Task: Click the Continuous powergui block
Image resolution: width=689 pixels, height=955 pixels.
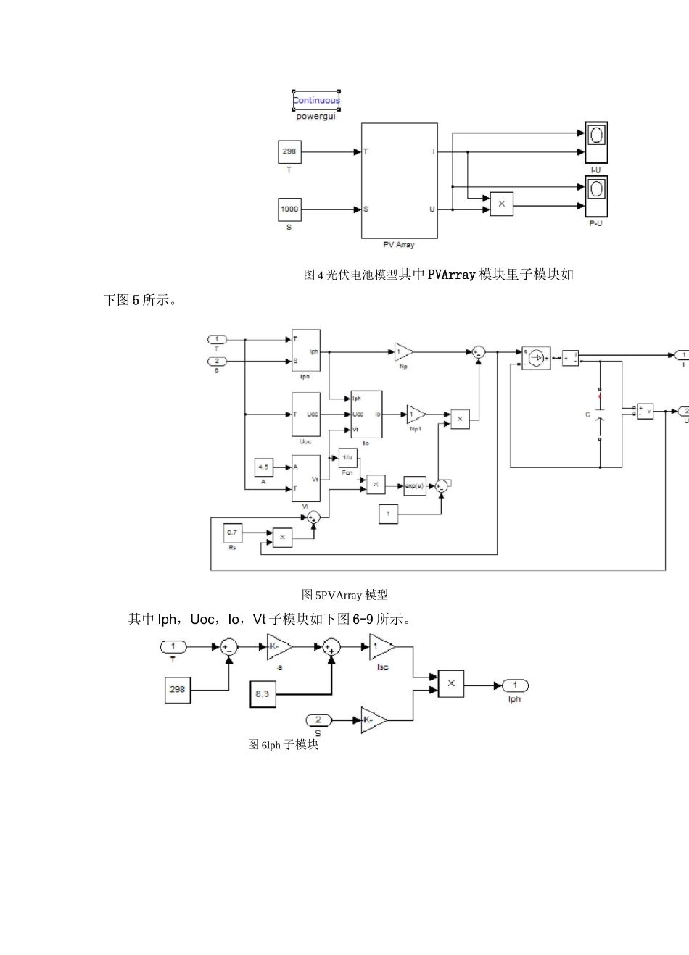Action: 315,101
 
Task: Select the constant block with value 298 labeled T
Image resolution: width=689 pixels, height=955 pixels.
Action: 289,152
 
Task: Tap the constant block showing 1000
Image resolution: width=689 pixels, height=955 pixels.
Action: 289,209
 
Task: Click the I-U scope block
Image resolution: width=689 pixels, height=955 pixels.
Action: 596,142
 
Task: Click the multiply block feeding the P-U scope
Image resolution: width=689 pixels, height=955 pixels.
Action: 501,204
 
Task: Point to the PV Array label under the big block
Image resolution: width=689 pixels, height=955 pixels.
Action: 399,245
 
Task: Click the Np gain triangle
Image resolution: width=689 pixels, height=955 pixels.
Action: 403,351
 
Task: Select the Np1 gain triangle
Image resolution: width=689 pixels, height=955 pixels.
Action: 416,414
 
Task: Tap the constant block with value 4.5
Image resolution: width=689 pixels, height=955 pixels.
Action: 263,467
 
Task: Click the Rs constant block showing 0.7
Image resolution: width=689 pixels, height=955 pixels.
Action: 232,533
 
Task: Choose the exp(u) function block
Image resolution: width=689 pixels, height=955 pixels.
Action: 414,485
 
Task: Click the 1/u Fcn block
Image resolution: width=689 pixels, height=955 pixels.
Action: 348,457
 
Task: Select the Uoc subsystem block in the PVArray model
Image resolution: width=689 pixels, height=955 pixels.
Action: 306,414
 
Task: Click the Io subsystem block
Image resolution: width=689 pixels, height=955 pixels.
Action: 366,414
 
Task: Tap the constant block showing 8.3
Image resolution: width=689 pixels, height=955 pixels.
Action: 263,693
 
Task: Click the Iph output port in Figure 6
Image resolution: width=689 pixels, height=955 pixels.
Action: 515,685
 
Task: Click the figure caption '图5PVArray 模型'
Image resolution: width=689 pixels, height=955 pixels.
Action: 344,595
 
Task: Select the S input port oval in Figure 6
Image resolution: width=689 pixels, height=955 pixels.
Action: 318,720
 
